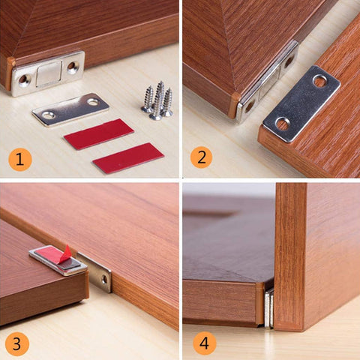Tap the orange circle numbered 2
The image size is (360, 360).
click(x=200, y=157)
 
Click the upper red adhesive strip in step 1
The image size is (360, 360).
click(x=97, y=133)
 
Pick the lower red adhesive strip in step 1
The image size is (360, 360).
click(x=127, y=157)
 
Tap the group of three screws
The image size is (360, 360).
click(x=157, y=101)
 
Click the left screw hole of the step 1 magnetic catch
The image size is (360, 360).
click(x=24, y=79)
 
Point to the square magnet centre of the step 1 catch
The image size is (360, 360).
click(x=49, y=73)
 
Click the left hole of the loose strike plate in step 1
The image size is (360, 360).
click(x=48, y=115)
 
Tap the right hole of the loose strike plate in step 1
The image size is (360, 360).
click(x=92, y=101)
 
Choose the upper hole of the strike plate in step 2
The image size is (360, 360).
click(x=319, y=81)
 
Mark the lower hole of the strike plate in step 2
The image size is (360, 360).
click(x=283, y=123)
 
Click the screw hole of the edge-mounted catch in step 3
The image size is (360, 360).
click(x=103, y=279)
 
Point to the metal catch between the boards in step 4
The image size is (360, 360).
click(x=268, y=308)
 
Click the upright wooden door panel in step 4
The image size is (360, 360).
click(x=315, y=255)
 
